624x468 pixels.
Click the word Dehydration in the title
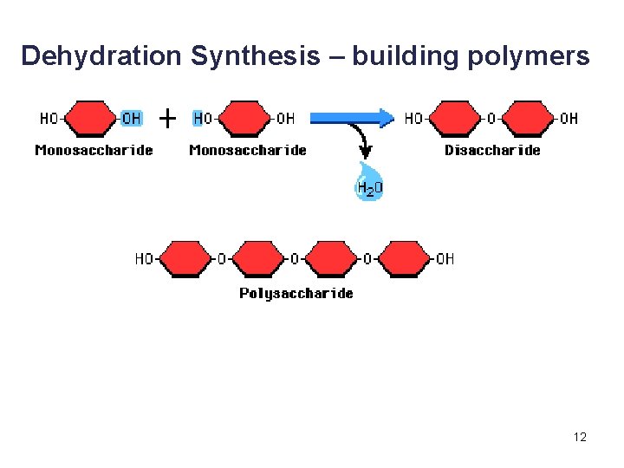click(100, 56)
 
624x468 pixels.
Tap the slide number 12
click(580, 437)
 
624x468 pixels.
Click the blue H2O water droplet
click(370, 183)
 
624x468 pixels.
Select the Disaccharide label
click(491, 150)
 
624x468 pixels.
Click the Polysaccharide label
click(296, 293)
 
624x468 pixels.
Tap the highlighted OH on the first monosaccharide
click(132, 118)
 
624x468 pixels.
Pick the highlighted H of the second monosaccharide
click(198, 118)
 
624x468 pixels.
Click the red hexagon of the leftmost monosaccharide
click(91, 118)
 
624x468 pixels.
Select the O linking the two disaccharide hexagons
click(491, 118)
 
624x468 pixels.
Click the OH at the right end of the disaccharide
click(569, 118)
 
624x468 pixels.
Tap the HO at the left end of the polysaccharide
click(144, 258)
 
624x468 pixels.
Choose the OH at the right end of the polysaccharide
click(445, 258)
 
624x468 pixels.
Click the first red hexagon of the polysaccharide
click(184, 258)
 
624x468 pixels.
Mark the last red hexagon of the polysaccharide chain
click(405, 258)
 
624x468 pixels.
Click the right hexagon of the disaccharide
click(529, 118)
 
